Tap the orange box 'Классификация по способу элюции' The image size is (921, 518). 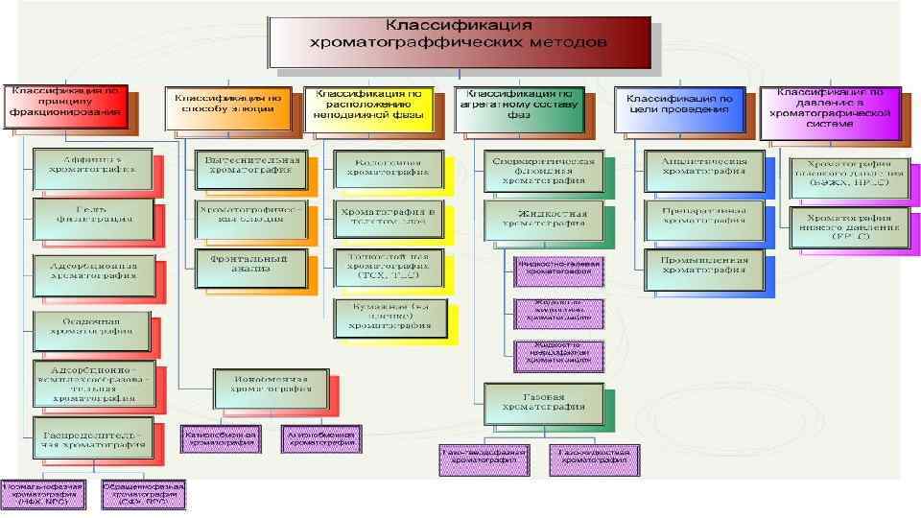point(227,104)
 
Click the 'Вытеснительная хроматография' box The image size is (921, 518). point(248,167)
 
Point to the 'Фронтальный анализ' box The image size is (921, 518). point(248,263)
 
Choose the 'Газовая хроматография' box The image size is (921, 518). point(545,400)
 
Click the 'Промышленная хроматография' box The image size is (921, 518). point(703,264)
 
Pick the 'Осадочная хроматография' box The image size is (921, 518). point(92,329)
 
